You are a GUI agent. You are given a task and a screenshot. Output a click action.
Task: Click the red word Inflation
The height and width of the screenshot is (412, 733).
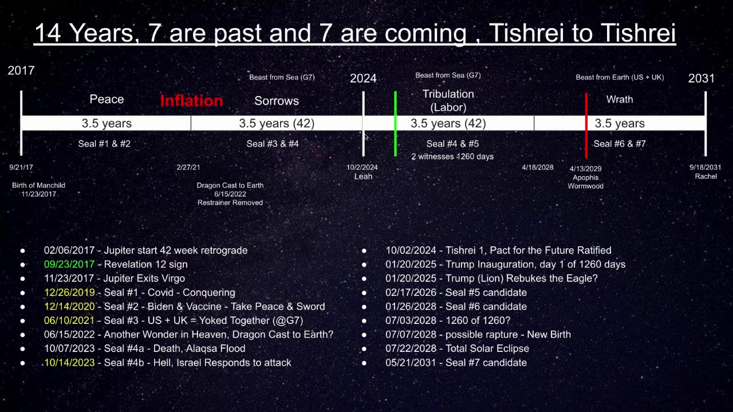191,101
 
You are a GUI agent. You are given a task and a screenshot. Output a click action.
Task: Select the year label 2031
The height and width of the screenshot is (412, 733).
702,78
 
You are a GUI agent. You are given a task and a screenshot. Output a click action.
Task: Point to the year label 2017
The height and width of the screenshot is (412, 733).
21,70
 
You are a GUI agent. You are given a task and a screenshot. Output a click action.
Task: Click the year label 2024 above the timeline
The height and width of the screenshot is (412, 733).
363,78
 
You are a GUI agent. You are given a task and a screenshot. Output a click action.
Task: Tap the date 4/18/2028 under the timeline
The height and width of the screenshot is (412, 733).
538,167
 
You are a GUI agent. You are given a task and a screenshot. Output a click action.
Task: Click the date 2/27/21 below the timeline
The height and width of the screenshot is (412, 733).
188,167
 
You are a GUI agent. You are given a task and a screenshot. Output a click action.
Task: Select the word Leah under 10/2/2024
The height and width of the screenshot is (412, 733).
363,176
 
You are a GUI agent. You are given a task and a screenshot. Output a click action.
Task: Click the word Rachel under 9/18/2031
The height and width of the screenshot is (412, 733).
706,176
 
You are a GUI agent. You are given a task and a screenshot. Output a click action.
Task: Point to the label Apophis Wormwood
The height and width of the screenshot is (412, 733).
585,181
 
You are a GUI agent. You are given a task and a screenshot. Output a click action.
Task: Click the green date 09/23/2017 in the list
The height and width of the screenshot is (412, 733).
69,264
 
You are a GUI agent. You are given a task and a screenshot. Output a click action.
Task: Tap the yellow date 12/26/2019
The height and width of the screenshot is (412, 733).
69,292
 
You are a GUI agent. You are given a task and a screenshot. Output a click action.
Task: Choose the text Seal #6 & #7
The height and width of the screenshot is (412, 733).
620,144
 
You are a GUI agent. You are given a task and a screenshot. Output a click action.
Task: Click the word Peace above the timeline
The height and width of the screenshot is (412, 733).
107,100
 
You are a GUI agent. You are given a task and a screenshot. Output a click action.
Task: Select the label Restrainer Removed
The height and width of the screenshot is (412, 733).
230,203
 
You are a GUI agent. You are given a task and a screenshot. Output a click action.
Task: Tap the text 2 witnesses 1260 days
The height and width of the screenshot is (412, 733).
452,156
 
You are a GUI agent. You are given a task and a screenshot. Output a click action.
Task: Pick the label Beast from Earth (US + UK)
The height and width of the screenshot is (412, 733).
620,77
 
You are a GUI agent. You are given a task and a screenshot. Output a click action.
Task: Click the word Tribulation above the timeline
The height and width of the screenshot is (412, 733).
448,94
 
